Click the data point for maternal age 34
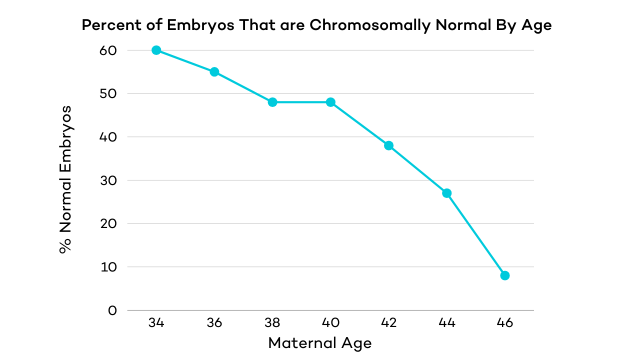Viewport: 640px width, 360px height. coord(156,50)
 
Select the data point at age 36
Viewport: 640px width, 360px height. coord(214,71)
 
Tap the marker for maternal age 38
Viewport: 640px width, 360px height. coord(272,102)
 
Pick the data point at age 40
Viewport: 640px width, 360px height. coord(330,102)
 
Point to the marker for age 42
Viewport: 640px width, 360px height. coord(388,145)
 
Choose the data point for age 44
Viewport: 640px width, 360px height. coord(447,193)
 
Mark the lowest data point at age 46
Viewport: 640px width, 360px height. coord(505,275)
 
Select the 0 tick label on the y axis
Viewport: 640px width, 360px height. coord(111,310)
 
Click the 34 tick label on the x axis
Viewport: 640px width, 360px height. coord(156,323)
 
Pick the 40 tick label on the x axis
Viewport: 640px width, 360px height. coord(330,323)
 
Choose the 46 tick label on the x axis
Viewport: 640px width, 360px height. coord(505,323)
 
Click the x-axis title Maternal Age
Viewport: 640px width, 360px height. coord(320,343)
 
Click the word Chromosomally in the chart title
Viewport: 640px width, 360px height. coord(369,26)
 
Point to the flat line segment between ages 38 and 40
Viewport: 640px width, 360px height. coord(301,102)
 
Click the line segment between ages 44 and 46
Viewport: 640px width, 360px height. coord(476,234)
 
